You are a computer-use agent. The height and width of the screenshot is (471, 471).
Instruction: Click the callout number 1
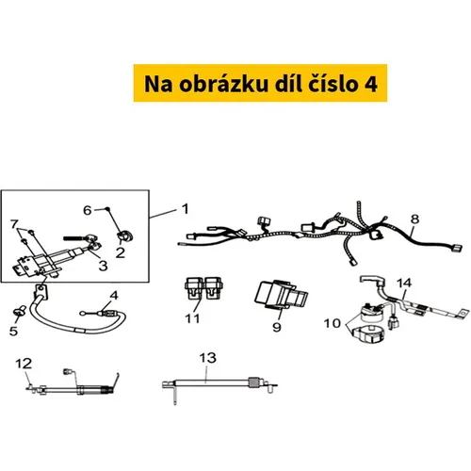pyautogui.click(x=186, y=209)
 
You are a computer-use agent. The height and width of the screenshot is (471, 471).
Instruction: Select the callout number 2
pyautogui.click(x=121, y=252)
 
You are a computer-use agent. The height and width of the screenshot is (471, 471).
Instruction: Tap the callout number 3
pyautogui.click(x=104, y=266)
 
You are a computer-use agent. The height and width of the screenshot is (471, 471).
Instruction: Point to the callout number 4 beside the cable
pyautogui.click(x=114, y=296)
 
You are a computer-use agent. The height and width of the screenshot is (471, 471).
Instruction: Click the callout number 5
pyautogui.click(x=13, y=331)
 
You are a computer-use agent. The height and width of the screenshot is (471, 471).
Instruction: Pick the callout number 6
pyautogui.click(x=88, y=210)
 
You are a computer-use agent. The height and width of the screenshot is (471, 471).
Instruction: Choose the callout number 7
pyautogui.click(x=14, y=224)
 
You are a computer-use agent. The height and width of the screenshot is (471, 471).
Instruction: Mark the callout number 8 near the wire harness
pyautogui.click(x=414, y=219)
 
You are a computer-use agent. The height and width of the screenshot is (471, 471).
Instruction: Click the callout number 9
pyautogui.click(x=277, y=327)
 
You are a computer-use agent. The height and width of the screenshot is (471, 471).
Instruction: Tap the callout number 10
pyautogui.click(x=333, y=323)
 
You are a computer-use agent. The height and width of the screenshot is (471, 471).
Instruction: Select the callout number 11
pyautogui.click(x=192, y=318)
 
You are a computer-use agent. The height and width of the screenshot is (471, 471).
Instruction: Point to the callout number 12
pyautogui.click(x=24, y=364)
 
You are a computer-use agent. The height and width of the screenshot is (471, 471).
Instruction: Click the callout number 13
pyautogui.click(x=207, y=358)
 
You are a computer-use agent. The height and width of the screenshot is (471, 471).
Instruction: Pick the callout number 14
pyautogui.click(x=404, y=283)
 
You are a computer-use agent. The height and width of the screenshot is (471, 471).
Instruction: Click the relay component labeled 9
pyautogui.click(x=282, y=294)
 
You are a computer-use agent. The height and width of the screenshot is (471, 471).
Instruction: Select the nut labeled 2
pyautogui.click(x=125, y=236)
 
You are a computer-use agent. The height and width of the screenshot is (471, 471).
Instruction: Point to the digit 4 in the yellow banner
pyautogui.click(x=371, y=84)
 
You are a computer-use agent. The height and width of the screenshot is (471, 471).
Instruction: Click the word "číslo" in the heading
pyautogui.click(x=333, y=84)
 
